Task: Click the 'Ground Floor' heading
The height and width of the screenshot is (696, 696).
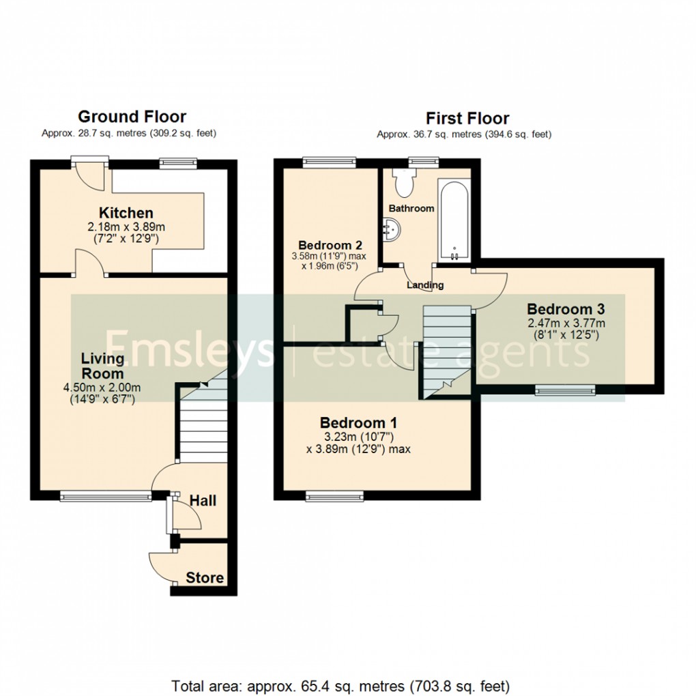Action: [132, 117]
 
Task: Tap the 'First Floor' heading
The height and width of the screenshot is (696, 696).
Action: [467, 118]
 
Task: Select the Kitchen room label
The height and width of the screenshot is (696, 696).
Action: [126, 213]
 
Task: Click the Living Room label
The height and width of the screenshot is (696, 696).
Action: [102, 366]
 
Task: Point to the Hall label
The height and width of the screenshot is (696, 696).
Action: [203, 501]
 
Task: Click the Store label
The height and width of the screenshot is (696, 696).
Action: [205, 578]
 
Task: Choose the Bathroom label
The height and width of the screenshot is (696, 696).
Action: [411, 208]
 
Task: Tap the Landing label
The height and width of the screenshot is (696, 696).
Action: [425, 285]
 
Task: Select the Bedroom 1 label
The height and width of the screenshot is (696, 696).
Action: [358, 422]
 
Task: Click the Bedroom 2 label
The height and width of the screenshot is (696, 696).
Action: [330, 245]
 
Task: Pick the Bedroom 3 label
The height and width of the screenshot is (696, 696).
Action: [566, 308]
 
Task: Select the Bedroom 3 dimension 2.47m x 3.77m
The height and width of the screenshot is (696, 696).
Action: [566, 323]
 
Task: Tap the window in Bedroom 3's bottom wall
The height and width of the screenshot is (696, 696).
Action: [565, 390]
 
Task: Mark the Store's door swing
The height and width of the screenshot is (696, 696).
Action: [160, 565]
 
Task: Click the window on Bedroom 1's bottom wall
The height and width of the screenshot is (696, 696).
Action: [334, 495]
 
